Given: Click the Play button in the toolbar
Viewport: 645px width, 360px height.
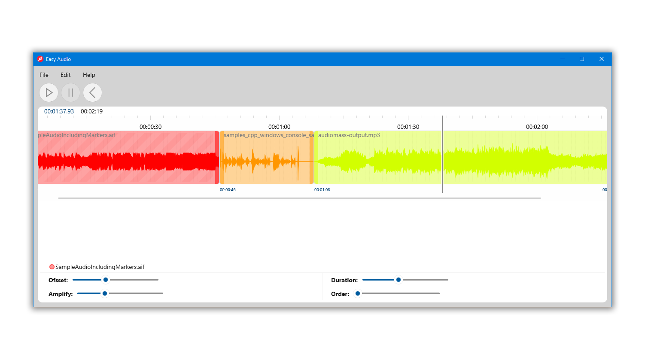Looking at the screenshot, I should tap(49, 92).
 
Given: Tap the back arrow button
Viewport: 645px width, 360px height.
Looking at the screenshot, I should tap(92, 92).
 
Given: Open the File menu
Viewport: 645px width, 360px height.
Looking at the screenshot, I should tap(44, 75).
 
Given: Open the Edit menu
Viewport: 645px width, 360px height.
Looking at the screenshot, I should tap(65, 75).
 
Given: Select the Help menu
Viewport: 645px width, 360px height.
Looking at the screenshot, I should tap(89, 75).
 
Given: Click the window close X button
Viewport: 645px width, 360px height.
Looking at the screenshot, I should tap(601, 59).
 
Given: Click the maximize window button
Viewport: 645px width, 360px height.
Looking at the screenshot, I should tap(582, 59).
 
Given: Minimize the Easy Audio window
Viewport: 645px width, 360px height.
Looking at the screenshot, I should tap(562, 59).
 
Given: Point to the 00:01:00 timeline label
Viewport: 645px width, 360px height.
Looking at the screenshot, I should tap(279, 127).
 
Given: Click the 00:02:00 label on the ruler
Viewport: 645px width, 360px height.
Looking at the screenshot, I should tap(537, 127).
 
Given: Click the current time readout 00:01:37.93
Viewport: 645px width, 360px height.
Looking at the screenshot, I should tap(59, 111).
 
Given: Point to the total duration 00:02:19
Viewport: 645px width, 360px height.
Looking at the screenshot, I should tap(91, 111).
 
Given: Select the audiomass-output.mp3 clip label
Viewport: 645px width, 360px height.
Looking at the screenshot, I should tap(349, 135).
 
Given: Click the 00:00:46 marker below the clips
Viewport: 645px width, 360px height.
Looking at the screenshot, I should tap(228, 189).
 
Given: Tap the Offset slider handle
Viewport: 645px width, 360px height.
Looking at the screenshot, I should tap(106, 280).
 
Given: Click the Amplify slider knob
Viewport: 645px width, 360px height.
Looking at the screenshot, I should tap(105, 293).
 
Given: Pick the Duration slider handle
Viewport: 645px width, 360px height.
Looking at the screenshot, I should tap(399, 280).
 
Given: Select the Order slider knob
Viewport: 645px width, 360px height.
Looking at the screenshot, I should tap(358, 293).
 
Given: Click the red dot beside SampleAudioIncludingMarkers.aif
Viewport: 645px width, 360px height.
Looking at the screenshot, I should tap(52, 267).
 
